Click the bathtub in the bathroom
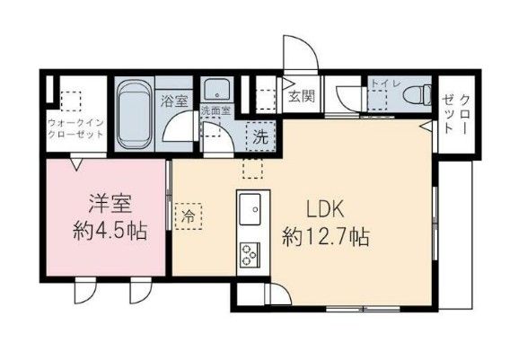135,114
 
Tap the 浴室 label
172,101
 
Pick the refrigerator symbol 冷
189,216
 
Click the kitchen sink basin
249,209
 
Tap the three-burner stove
249,254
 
